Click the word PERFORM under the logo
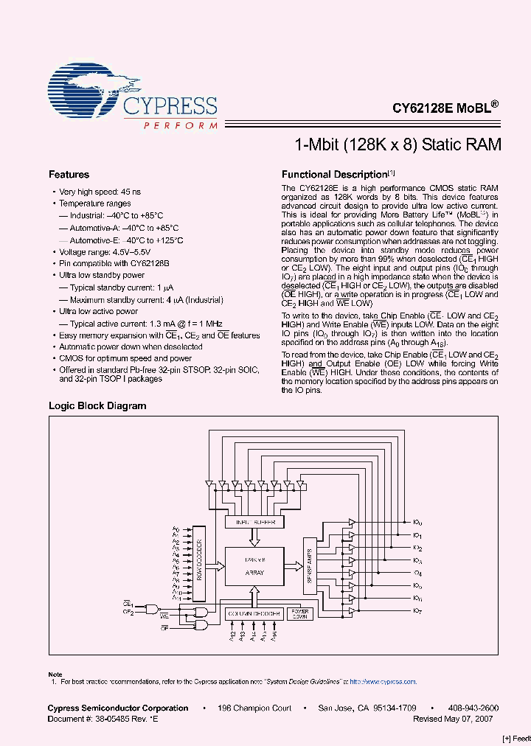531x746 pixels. click(x=180, y=126)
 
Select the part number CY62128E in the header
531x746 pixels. click(x=422, y=107)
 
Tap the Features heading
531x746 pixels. click(x=69, y=175)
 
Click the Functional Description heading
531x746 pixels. click(x=335, y=175)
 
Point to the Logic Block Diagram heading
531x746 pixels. click(x=97, y=405)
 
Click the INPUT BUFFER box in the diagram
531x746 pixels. click(x=254, y=522)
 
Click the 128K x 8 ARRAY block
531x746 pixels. click(x=254, y=567)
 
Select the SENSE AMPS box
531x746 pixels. click(x=309, y=565)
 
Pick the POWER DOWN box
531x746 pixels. click(x=299, y=613)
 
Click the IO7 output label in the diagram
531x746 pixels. click(x=417, y=611)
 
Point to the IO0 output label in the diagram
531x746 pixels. click(x=417, y=522)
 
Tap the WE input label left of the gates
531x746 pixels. click(x=164, y=614)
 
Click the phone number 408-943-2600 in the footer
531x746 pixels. click(x=473, y=708)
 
